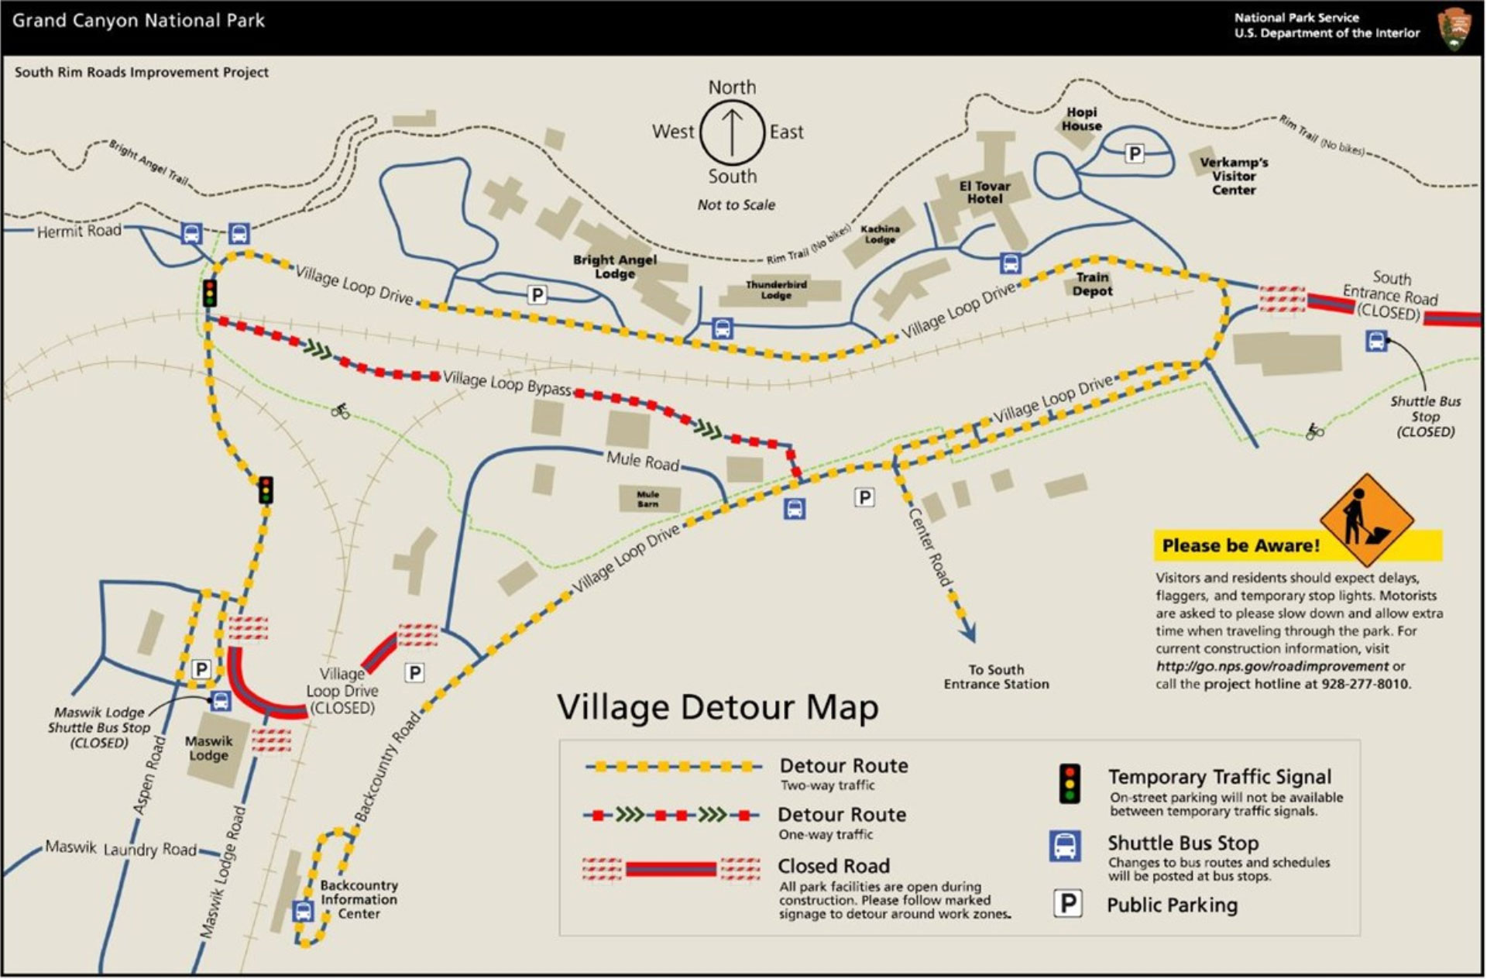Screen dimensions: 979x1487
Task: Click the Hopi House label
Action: click(x=1081, y=119)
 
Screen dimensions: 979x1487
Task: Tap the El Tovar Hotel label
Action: click(x=984, y=192)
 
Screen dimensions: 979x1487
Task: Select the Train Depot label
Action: click(x=1092, y=284)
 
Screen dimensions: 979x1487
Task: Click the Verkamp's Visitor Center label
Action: click(x=1233, y=176)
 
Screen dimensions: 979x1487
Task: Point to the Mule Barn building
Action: click(x=648, y=499)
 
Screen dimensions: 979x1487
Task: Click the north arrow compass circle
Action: click(x=733, y=132)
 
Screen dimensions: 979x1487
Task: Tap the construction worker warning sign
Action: click(x=1366, y=520)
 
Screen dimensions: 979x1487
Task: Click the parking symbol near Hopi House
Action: click(x=1134, y=153)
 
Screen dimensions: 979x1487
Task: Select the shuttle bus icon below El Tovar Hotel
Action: click(x=1010, y=263)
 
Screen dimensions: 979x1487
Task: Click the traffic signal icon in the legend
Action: click(x=1070, y=784)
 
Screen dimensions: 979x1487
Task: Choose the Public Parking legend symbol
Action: click(x=1067, y=904)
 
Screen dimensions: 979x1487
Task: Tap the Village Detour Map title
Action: click(x=718, y=707)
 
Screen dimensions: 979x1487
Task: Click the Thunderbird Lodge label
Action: click(x=776, y=290)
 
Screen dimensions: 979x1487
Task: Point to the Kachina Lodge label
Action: click(x=880, y=234)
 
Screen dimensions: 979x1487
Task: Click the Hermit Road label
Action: click(x=79, y=231)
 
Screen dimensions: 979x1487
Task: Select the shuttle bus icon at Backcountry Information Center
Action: click(x=303, y=912)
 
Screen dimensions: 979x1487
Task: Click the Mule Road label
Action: click(x=642, y=461)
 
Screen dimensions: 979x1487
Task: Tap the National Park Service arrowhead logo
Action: click(x=1454, y=29)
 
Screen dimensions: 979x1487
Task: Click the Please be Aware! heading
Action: click(x=1240, y=546)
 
